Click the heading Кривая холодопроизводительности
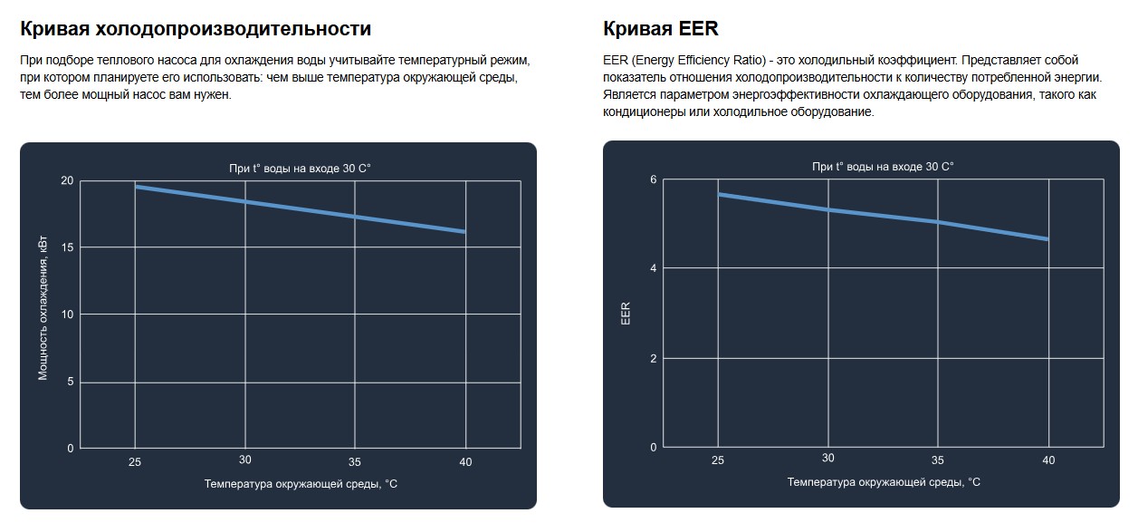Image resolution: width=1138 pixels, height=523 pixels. click(196, 29)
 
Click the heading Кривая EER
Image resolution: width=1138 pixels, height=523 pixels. click(660, 29)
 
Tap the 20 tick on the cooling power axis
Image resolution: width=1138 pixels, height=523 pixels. click(67, 180)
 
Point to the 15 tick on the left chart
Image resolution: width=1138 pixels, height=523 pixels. click(67, 247)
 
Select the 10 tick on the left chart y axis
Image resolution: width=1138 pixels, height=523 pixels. click(67, 315)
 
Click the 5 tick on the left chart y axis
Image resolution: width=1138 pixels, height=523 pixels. click(70, 382)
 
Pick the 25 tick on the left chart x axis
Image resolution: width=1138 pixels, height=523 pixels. click(135, 462)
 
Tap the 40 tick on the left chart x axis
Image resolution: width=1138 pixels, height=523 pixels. click(465, 462)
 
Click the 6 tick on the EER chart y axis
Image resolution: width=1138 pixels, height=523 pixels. click(653, 179)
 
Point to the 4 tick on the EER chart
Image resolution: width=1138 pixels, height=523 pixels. click(653, 268)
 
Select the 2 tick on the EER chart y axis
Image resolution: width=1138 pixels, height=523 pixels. click(653, 358)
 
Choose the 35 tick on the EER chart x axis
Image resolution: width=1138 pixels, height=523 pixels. click(938, 460)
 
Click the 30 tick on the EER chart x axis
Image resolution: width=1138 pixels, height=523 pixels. click(827, 458)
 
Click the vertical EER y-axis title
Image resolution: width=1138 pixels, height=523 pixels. click(626, 314)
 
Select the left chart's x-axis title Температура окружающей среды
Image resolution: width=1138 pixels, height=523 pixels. click(301, 484)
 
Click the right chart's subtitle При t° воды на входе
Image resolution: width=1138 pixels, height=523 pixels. click(883, 167)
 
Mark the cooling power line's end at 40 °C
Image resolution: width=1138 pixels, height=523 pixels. click(464, 232)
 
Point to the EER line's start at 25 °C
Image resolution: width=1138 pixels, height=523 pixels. click(719, 194)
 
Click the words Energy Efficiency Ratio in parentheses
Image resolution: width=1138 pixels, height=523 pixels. click(699, 61)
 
